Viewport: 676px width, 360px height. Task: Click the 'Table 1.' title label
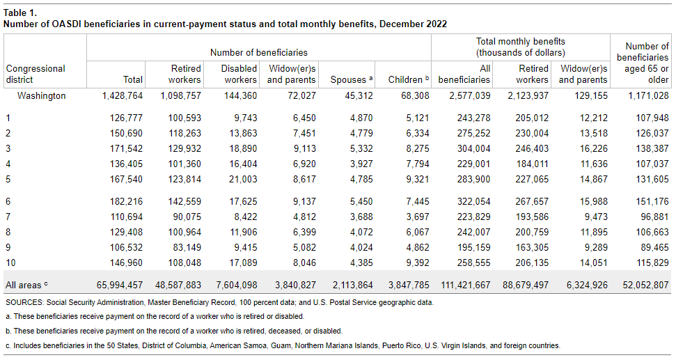point(20,13)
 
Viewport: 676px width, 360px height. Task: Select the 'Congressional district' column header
point(36,74)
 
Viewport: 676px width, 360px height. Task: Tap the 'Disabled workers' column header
point(239,74)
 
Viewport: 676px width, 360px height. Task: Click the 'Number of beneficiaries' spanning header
point(258,52)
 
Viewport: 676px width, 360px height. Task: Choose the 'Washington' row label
point(42,95)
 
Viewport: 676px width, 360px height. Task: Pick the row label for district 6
point(8,202)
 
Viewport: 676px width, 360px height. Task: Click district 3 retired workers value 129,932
point(184,148)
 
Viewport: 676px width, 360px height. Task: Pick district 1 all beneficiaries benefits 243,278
point(473,117)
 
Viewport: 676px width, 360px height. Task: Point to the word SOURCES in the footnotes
point(24,303)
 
